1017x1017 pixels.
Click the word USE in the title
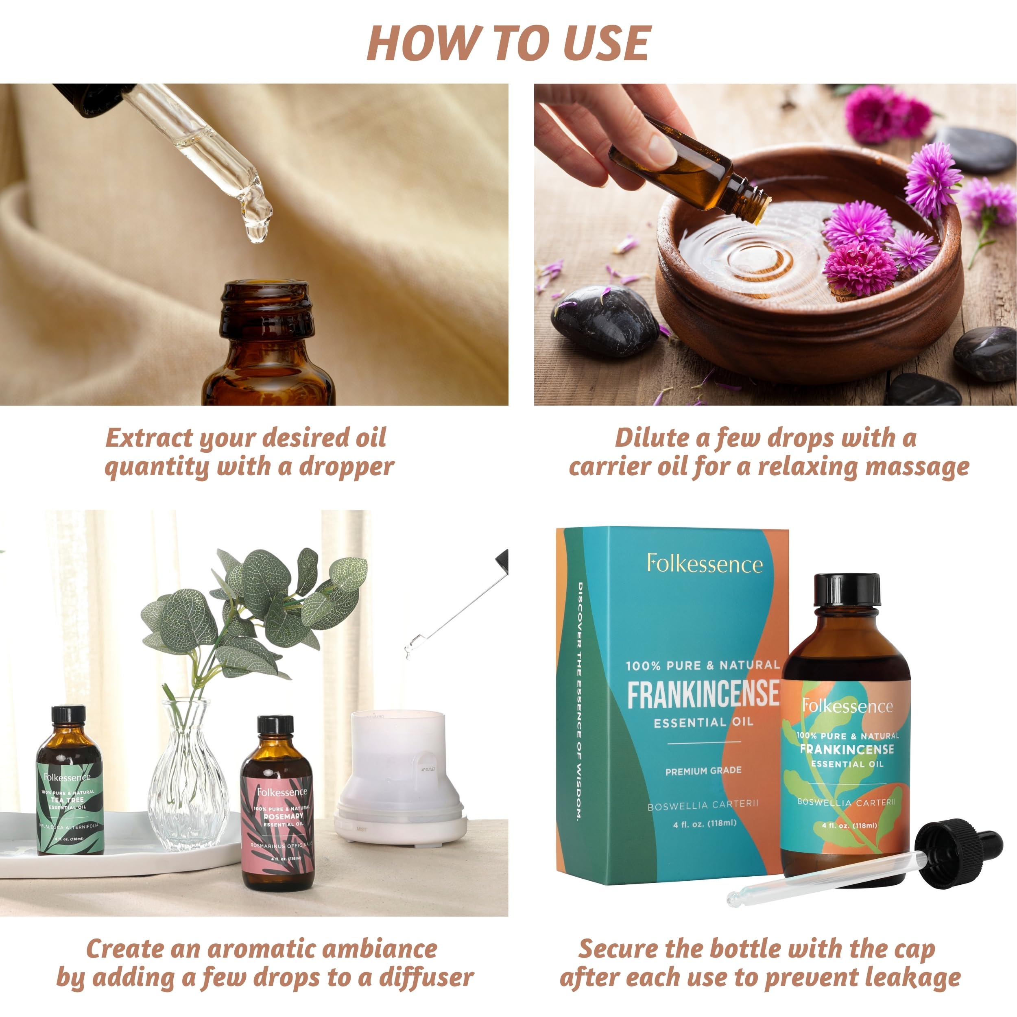click(607, 43)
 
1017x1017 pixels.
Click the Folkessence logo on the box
click(704, 564)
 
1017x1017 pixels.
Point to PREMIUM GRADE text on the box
click(703, 770)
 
